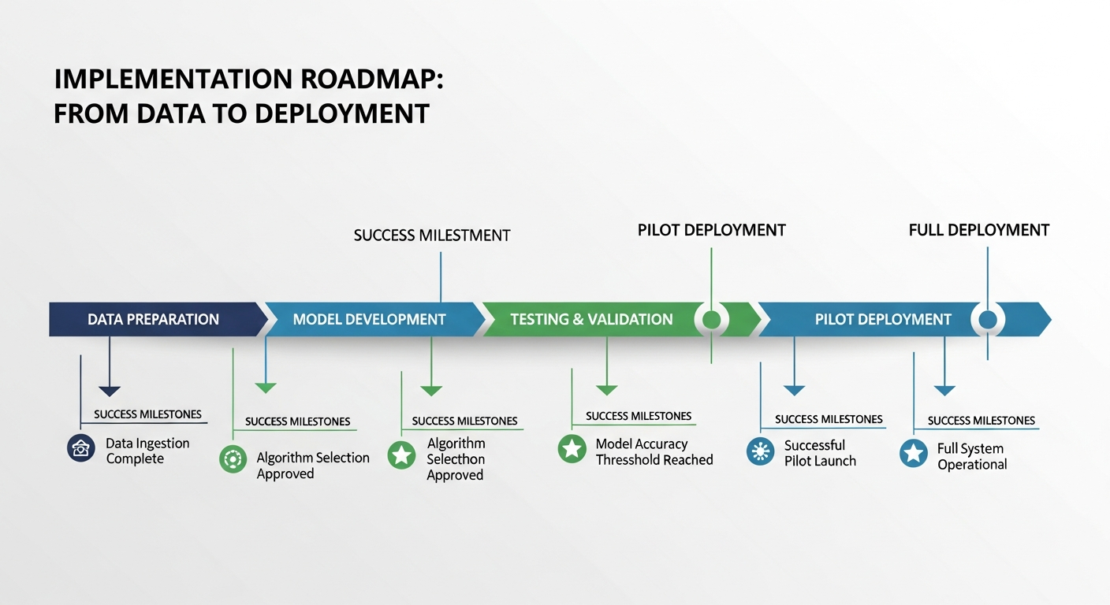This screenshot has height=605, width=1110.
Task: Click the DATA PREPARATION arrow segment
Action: pos(154,319)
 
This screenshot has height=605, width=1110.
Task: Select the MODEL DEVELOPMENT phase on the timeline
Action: pos(369,319)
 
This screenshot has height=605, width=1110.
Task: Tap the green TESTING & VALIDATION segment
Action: pos(591,319)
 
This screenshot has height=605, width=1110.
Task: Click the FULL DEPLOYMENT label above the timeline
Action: pos(978,230)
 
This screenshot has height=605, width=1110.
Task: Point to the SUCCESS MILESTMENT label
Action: pos(432,236)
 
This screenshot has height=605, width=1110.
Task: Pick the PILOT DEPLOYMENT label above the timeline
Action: pos(711,230)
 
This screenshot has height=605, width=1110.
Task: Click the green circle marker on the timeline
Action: pos(711,319)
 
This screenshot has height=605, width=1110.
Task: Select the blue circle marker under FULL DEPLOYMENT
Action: pos(987,319)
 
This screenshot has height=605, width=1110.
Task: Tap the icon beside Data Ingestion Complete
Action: pos(80,448)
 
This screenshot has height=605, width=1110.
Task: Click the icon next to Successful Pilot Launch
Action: pos(760,451)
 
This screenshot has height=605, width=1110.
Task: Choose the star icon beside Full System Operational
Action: pos(914,454)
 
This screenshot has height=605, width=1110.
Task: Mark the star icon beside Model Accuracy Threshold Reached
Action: pos(572,449)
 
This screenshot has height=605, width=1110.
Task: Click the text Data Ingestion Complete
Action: pos(147,451)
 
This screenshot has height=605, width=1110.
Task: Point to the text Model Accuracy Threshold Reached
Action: pos(654,452)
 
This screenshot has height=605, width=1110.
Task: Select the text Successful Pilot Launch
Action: pos(819,453)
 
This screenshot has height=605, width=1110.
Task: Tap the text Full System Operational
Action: pos(971,456)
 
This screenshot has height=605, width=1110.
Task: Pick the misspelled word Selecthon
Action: pos(456,459)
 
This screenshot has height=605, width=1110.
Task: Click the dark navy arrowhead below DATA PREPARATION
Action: pos(110,391)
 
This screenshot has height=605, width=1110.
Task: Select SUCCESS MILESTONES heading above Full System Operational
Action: pos(981,421)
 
